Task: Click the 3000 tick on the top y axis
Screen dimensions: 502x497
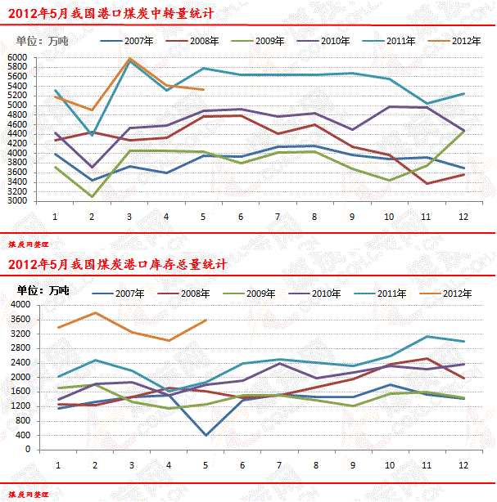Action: point(17,201)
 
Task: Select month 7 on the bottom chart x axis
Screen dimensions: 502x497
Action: point(278,465)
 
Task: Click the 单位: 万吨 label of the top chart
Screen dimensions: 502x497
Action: point(43,41)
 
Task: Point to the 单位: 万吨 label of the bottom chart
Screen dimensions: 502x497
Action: point(43,290)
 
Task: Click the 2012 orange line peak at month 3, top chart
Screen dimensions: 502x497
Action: point(129,59)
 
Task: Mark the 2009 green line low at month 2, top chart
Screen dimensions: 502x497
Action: point(92,196)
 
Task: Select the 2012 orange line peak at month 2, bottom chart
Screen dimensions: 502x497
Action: point(95,312)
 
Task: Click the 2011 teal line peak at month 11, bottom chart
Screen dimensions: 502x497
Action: point(426,336)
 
